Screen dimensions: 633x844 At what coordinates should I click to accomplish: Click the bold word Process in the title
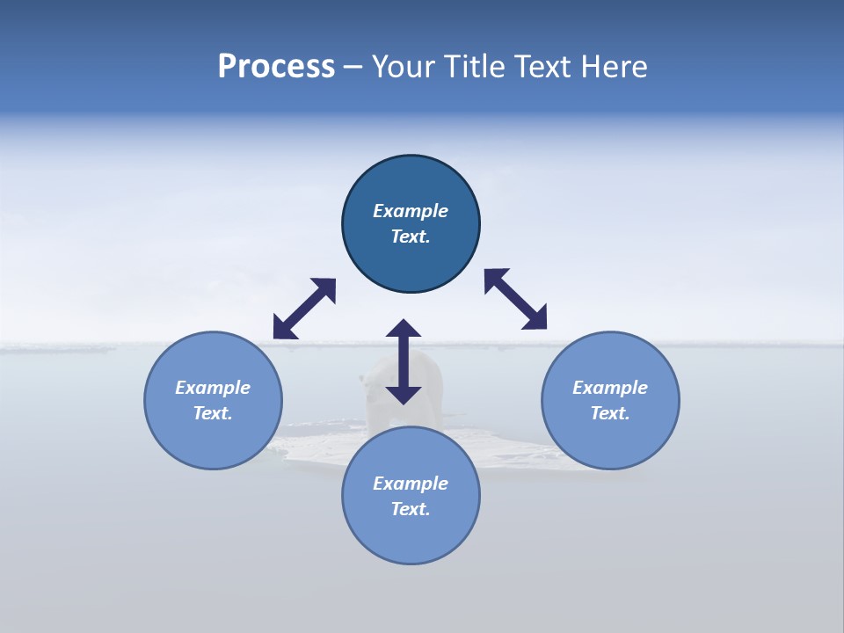coord(276,67)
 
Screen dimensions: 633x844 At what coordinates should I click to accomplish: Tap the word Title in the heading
coord(479,67)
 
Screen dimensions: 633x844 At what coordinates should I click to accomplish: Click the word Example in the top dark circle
coord(411,211)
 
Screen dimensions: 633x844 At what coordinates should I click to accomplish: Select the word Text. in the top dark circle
coord(411,236)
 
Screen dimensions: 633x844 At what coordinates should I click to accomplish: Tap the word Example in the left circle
coord(213,388)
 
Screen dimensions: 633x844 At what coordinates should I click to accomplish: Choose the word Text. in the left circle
coord(213,413)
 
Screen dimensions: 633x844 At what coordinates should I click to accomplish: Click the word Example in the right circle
coord(610,388)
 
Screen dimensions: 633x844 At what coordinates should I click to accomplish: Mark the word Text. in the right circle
coord(610,413)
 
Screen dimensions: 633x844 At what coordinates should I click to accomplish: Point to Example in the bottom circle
coord(411,484)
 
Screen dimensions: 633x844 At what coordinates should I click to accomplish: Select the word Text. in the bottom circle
coord(411,509)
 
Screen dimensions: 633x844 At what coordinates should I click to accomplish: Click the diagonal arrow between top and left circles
coord(304,309)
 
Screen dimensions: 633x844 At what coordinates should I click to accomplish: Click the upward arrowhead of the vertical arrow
coord(404,330)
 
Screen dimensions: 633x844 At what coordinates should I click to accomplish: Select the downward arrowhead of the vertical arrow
coord(404,393)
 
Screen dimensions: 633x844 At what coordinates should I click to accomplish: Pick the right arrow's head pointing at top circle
coord(495,280)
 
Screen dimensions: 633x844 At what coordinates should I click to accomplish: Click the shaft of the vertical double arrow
coord(404,361)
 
